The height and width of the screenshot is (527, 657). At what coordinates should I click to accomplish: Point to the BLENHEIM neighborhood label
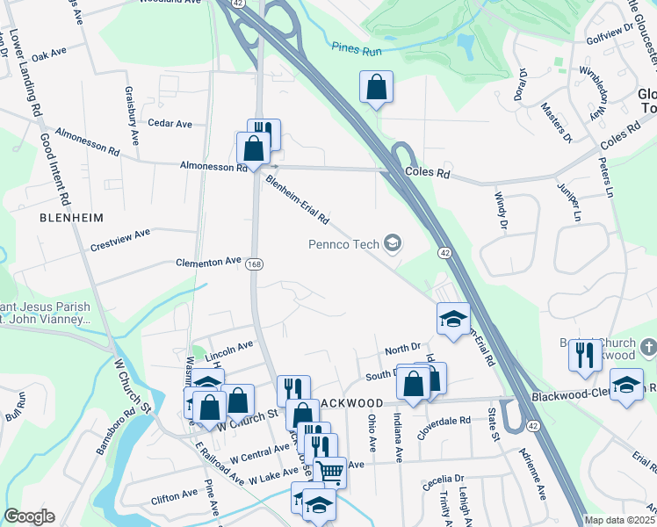pyautogui.click(x=72, y=217)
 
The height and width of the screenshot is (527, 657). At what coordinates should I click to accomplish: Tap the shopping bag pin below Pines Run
pyautogui.click(x=376, y=88)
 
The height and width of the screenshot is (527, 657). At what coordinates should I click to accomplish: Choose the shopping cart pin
pyautogui.click(x=330, y=472)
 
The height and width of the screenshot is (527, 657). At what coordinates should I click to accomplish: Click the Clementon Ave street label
pyautogui.click(x=208, y=262)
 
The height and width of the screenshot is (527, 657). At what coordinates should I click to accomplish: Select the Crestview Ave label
pyautogui.click(x=120, y=240)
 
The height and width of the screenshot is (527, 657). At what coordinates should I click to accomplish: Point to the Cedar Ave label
pyautogui.click(x=170, y=124)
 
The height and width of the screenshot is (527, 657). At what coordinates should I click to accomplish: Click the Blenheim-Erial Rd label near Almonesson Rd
pyautogui.click(x=297, y=199)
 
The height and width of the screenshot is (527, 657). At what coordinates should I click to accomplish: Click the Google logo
pyautogui.click(x=29, y=516)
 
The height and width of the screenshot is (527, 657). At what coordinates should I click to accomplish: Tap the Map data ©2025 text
pyautogui.click(x=618, y=520)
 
